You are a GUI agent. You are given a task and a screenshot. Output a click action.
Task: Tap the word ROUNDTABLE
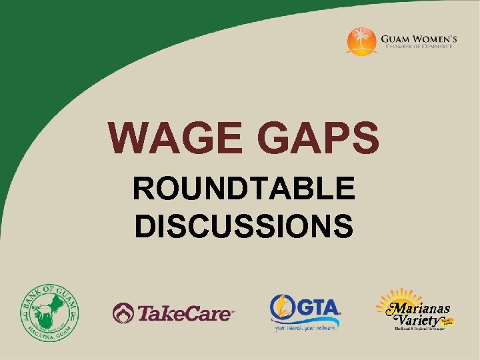(243, 191)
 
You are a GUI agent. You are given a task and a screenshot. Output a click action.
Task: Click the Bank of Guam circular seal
(49, 311)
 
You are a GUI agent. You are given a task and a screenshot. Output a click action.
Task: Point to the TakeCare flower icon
(123, 311)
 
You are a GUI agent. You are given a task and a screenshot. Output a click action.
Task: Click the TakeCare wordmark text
(185, 312)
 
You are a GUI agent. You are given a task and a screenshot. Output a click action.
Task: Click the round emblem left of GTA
(283, 307)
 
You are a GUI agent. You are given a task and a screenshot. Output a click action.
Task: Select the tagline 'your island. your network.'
(306, 327)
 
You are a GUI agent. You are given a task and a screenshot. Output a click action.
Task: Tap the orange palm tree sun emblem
(362, 41)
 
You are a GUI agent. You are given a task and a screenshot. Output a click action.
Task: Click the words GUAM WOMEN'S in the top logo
(419, 39)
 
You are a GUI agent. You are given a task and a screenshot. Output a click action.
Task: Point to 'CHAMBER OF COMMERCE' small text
(419, 48)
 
